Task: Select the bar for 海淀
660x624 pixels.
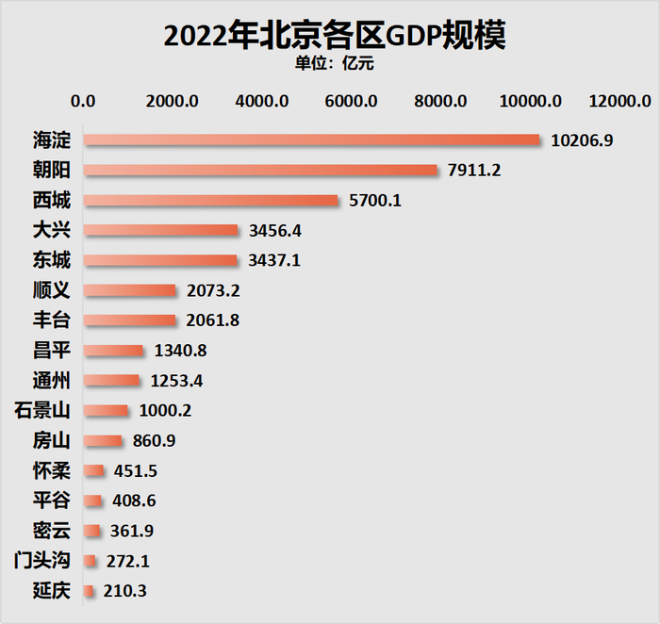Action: (x=311, y=140)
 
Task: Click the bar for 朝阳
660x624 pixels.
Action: (x=260, y=171)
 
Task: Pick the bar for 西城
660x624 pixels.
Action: (x=210, y=201)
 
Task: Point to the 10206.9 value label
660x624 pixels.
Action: (x=582, y=140)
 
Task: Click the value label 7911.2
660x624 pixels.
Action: (x=477, y=171)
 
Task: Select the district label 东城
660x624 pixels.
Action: (x=50, y=260)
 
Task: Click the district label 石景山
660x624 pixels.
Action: (x=42, y=411)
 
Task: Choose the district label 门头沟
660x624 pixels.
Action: (x=42, y=561)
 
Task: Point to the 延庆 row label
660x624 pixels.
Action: (x=50, y=591)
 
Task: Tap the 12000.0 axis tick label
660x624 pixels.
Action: (x=619, y=101)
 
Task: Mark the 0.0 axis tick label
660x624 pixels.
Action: (x=83, y=101)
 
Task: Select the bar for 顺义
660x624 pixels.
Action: (x=129, y=290)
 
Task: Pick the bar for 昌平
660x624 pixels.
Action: (x=113, y=351)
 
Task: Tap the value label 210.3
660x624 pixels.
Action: (x=125, y=591)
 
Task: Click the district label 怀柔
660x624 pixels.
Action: (x=50, y=471)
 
